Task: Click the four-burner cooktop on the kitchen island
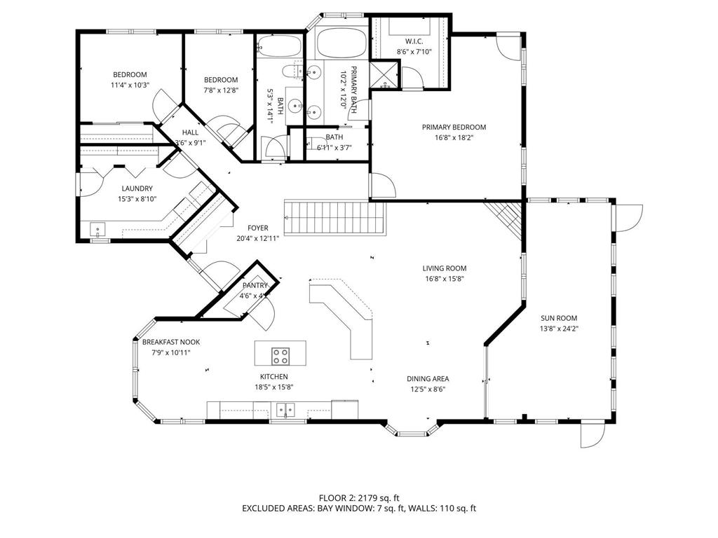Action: click(281, 356)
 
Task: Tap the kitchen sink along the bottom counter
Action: click(285, 409)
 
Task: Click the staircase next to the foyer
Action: click(335, 219)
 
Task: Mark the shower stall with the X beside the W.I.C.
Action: click(383, 75)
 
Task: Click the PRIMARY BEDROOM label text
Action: click(454, 127)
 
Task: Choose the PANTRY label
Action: click(255, 286)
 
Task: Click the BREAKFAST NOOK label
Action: click(171, 342)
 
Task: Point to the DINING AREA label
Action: click(428, 379)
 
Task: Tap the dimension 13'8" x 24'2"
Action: click(558, 329)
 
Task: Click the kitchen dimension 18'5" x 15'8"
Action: click(274, 387)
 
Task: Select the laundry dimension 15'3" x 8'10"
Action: click(137, 199)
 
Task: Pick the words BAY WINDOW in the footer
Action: click(343, 509)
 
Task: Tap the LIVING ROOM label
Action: click(444, 268)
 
